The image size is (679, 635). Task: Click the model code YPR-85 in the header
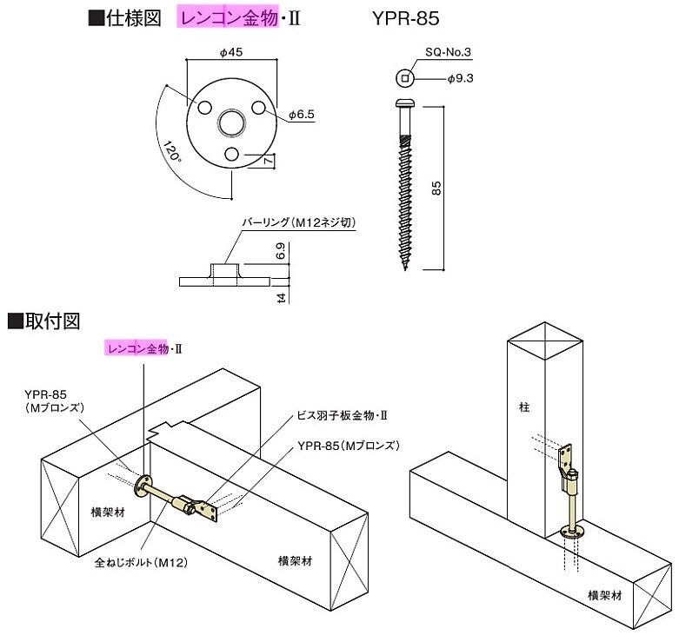pyautogui.click(x=405, y=17)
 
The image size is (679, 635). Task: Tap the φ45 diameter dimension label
pyautogui.click(x=231, y=52)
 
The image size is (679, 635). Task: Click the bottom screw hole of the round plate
pyautogui.click(x=231, y=154)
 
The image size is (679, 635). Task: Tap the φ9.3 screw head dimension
pyautogui.click(x=460, y=79)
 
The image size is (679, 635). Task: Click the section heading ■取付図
pyautogui.click(x=43, y=321)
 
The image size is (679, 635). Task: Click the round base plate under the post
pyautogui.click(x=571, y=532)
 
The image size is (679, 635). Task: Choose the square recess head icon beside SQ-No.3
pyautogui.click(x=405, y=79)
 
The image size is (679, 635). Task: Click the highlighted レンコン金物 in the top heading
pyautogui.click(x=229, y=17)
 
